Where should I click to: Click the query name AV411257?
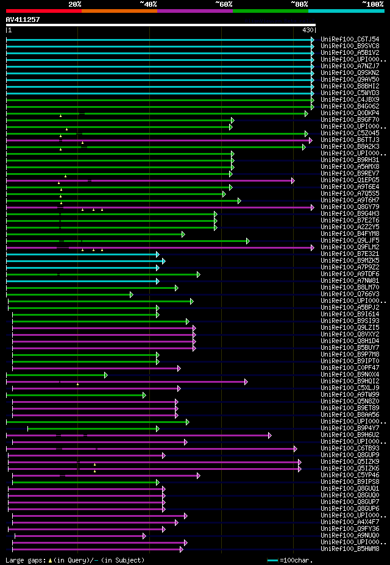tap(23, 20)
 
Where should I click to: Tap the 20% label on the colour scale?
tap(74, 4)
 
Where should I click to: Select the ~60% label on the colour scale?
tap(224, 4)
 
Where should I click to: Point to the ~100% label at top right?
tap(372, 4)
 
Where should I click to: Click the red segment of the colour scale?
tap(43, 11)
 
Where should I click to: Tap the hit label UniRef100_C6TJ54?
tap(350, 39)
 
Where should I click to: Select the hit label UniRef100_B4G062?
tap(350, 106)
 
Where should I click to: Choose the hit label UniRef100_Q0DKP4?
tap(350, 113)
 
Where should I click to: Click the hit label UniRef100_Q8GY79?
tap(350, 207)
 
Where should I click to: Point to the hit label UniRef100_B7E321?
tap(350, 254)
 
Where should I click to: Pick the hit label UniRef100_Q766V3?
tap(350, 294)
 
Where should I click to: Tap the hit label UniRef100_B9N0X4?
tap(350, 374)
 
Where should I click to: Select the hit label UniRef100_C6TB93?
tap(350, 448)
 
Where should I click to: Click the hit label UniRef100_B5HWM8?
tap(350, 549)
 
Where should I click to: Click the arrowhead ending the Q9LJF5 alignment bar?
tap(247, 241)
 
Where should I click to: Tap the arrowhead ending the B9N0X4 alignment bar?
tap(105, 375)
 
